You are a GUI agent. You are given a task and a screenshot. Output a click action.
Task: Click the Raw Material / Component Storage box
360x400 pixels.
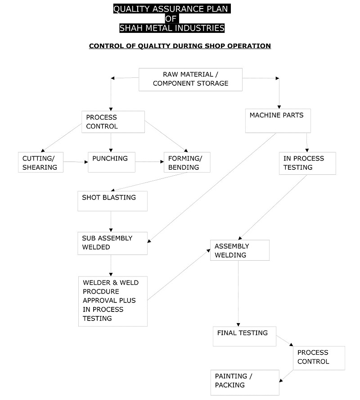pos(190,80)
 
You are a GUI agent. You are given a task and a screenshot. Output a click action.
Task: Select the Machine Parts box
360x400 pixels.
pos(278,120)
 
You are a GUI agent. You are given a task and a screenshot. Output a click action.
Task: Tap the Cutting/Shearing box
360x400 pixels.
pos(40,162)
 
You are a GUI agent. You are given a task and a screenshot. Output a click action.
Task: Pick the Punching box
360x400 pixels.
pos(112,162)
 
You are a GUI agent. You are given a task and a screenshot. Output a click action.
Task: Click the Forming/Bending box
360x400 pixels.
pos(187,162)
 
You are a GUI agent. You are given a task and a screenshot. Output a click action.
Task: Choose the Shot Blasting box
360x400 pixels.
pos(112,201)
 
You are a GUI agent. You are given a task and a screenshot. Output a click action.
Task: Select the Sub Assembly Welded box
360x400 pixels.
pos(112,243)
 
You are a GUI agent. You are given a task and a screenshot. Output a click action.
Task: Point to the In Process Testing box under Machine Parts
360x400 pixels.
pos(307,163)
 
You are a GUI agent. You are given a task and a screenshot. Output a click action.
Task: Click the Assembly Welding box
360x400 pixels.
pos(240,250)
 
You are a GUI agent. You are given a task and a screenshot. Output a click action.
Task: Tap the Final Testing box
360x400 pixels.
pos(244,336)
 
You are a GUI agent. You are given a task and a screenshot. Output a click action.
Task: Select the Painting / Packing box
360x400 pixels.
pos(245,382)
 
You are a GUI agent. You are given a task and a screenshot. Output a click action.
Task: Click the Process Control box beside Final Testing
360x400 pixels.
pos(319,358)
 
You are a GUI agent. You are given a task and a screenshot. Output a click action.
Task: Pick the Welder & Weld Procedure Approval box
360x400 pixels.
pos(113,301)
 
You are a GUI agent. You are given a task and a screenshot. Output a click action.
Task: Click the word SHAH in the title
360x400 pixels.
pos(131,28)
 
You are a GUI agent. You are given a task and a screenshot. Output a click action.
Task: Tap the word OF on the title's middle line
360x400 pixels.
pos(171,18)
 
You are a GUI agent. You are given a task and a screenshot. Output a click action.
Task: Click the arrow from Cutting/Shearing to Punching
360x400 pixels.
pos(76,162)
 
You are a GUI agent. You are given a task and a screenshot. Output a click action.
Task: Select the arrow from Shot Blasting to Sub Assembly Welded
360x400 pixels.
pos(111,222)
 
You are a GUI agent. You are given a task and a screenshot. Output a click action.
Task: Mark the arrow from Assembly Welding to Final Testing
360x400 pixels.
pos(238,293)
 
